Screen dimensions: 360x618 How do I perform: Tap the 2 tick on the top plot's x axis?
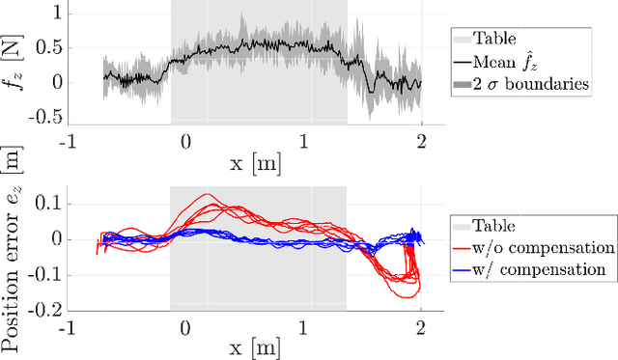click(422, 138)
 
